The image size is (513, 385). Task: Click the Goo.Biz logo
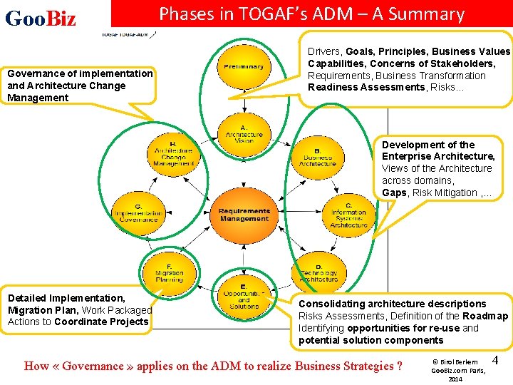(41, 19)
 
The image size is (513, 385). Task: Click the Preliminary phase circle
(244, 67)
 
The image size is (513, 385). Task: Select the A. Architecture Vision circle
(244, 134)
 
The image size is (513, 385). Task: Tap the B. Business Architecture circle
(317, 156)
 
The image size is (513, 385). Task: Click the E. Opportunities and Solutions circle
(244, 295)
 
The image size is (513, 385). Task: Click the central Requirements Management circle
(244, 215)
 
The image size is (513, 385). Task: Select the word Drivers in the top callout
(325, 51)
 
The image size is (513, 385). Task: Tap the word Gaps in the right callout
(394, 192)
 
